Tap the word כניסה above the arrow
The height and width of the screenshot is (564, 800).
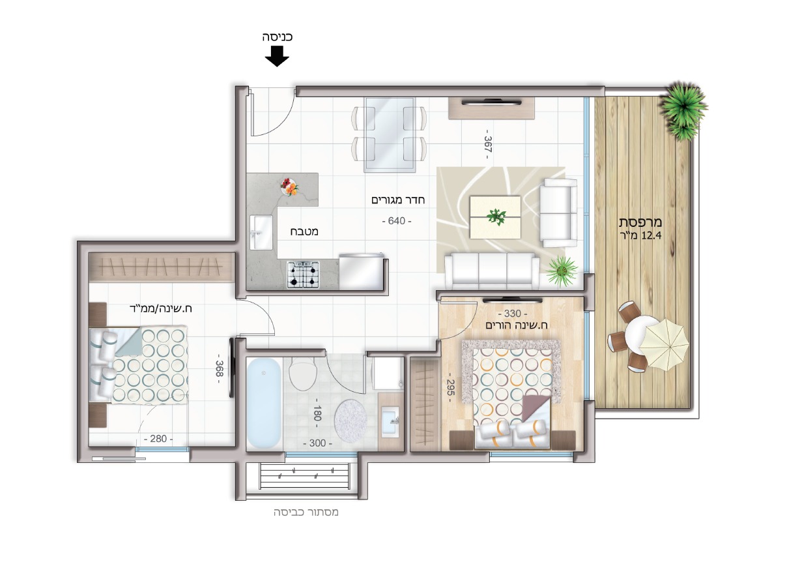(277, 37)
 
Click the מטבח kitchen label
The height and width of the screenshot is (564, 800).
(304, 231)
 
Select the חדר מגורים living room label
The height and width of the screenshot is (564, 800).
(398, 200)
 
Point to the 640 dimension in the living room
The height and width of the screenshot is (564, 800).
(397, 221)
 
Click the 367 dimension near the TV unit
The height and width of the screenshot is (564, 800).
(487, 144)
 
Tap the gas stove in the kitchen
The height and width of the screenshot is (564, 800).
(303, 275)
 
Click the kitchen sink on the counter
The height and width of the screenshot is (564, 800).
(261, 232)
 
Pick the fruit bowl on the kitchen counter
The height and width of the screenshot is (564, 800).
(290, 187)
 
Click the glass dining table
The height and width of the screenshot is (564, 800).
(390, 135)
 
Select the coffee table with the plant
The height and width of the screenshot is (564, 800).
(495, 216)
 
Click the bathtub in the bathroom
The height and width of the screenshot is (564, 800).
(264, 403)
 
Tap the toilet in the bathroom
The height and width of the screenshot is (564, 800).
(302, 374)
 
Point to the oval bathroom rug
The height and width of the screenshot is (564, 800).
(350, 416)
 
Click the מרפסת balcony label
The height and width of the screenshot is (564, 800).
(640, 222)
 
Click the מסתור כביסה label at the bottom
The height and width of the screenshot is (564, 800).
(306, 512)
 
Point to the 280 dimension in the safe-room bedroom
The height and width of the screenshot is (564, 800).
(158, 439)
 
